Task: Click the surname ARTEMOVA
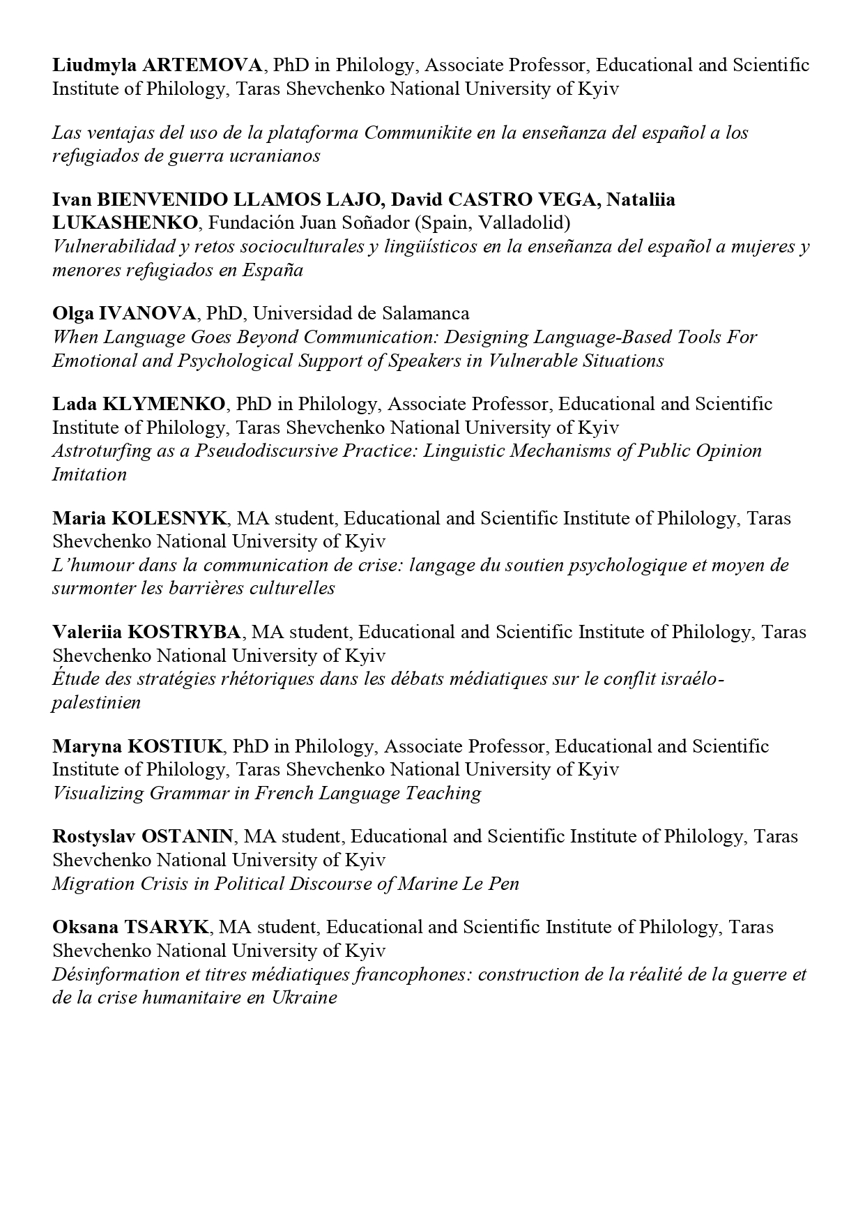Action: (x=202, y=66)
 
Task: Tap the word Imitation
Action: (x=89, y=474)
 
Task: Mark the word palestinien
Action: (x=96, y=702)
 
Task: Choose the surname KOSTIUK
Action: (x=174, y=746)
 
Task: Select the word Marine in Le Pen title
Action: (x=429, y=884)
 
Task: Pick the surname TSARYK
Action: (x=166, y=927)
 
